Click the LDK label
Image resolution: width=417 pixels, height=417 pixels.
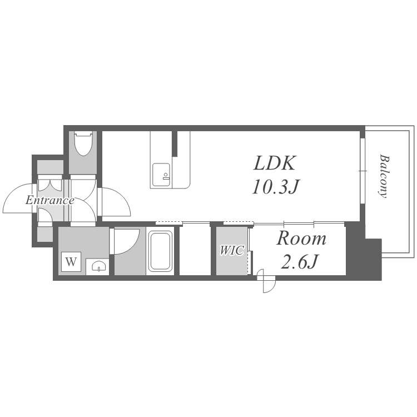[275, 163]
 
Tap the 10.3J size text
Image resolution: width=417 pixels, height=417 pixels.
[276, 187]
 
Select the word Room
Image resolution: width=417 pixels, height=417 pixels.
[301, 239]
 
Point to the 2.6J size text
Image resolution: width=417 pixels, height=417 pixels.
[300, 261]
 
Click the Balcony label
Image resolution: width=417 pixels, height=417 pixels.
[384, 176]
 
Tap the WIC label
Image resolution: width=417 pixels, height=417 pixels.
[232, 251]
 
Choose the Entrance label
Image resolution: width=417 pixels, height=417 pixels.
[49, 200]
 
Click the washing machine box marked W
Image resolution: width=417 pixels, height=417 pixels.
[71, 262]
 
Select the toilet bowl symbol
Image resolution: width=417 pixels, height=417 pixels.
[83, 143]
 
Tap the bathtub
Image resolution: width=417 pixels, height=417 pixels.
[160, 251]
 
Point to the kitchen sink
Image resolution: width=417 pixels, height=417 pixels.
[161, 175]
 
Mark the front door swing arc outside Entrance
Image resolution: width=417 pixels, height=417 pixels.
[18, 198]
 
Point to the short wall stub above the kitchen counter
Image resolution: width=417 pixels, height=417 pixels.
[175, 143]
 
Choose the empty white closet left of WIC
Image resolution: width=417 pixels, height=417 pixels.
[195, 250]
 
